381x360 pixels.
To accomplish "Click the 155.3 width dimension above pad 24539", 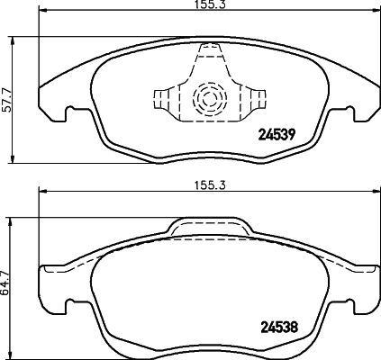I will click(208, 6).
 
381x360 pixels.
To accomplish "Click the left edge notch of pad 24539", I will click(68, 115).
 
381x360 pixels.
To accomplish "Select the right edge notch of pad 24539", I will click(349, 115).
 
